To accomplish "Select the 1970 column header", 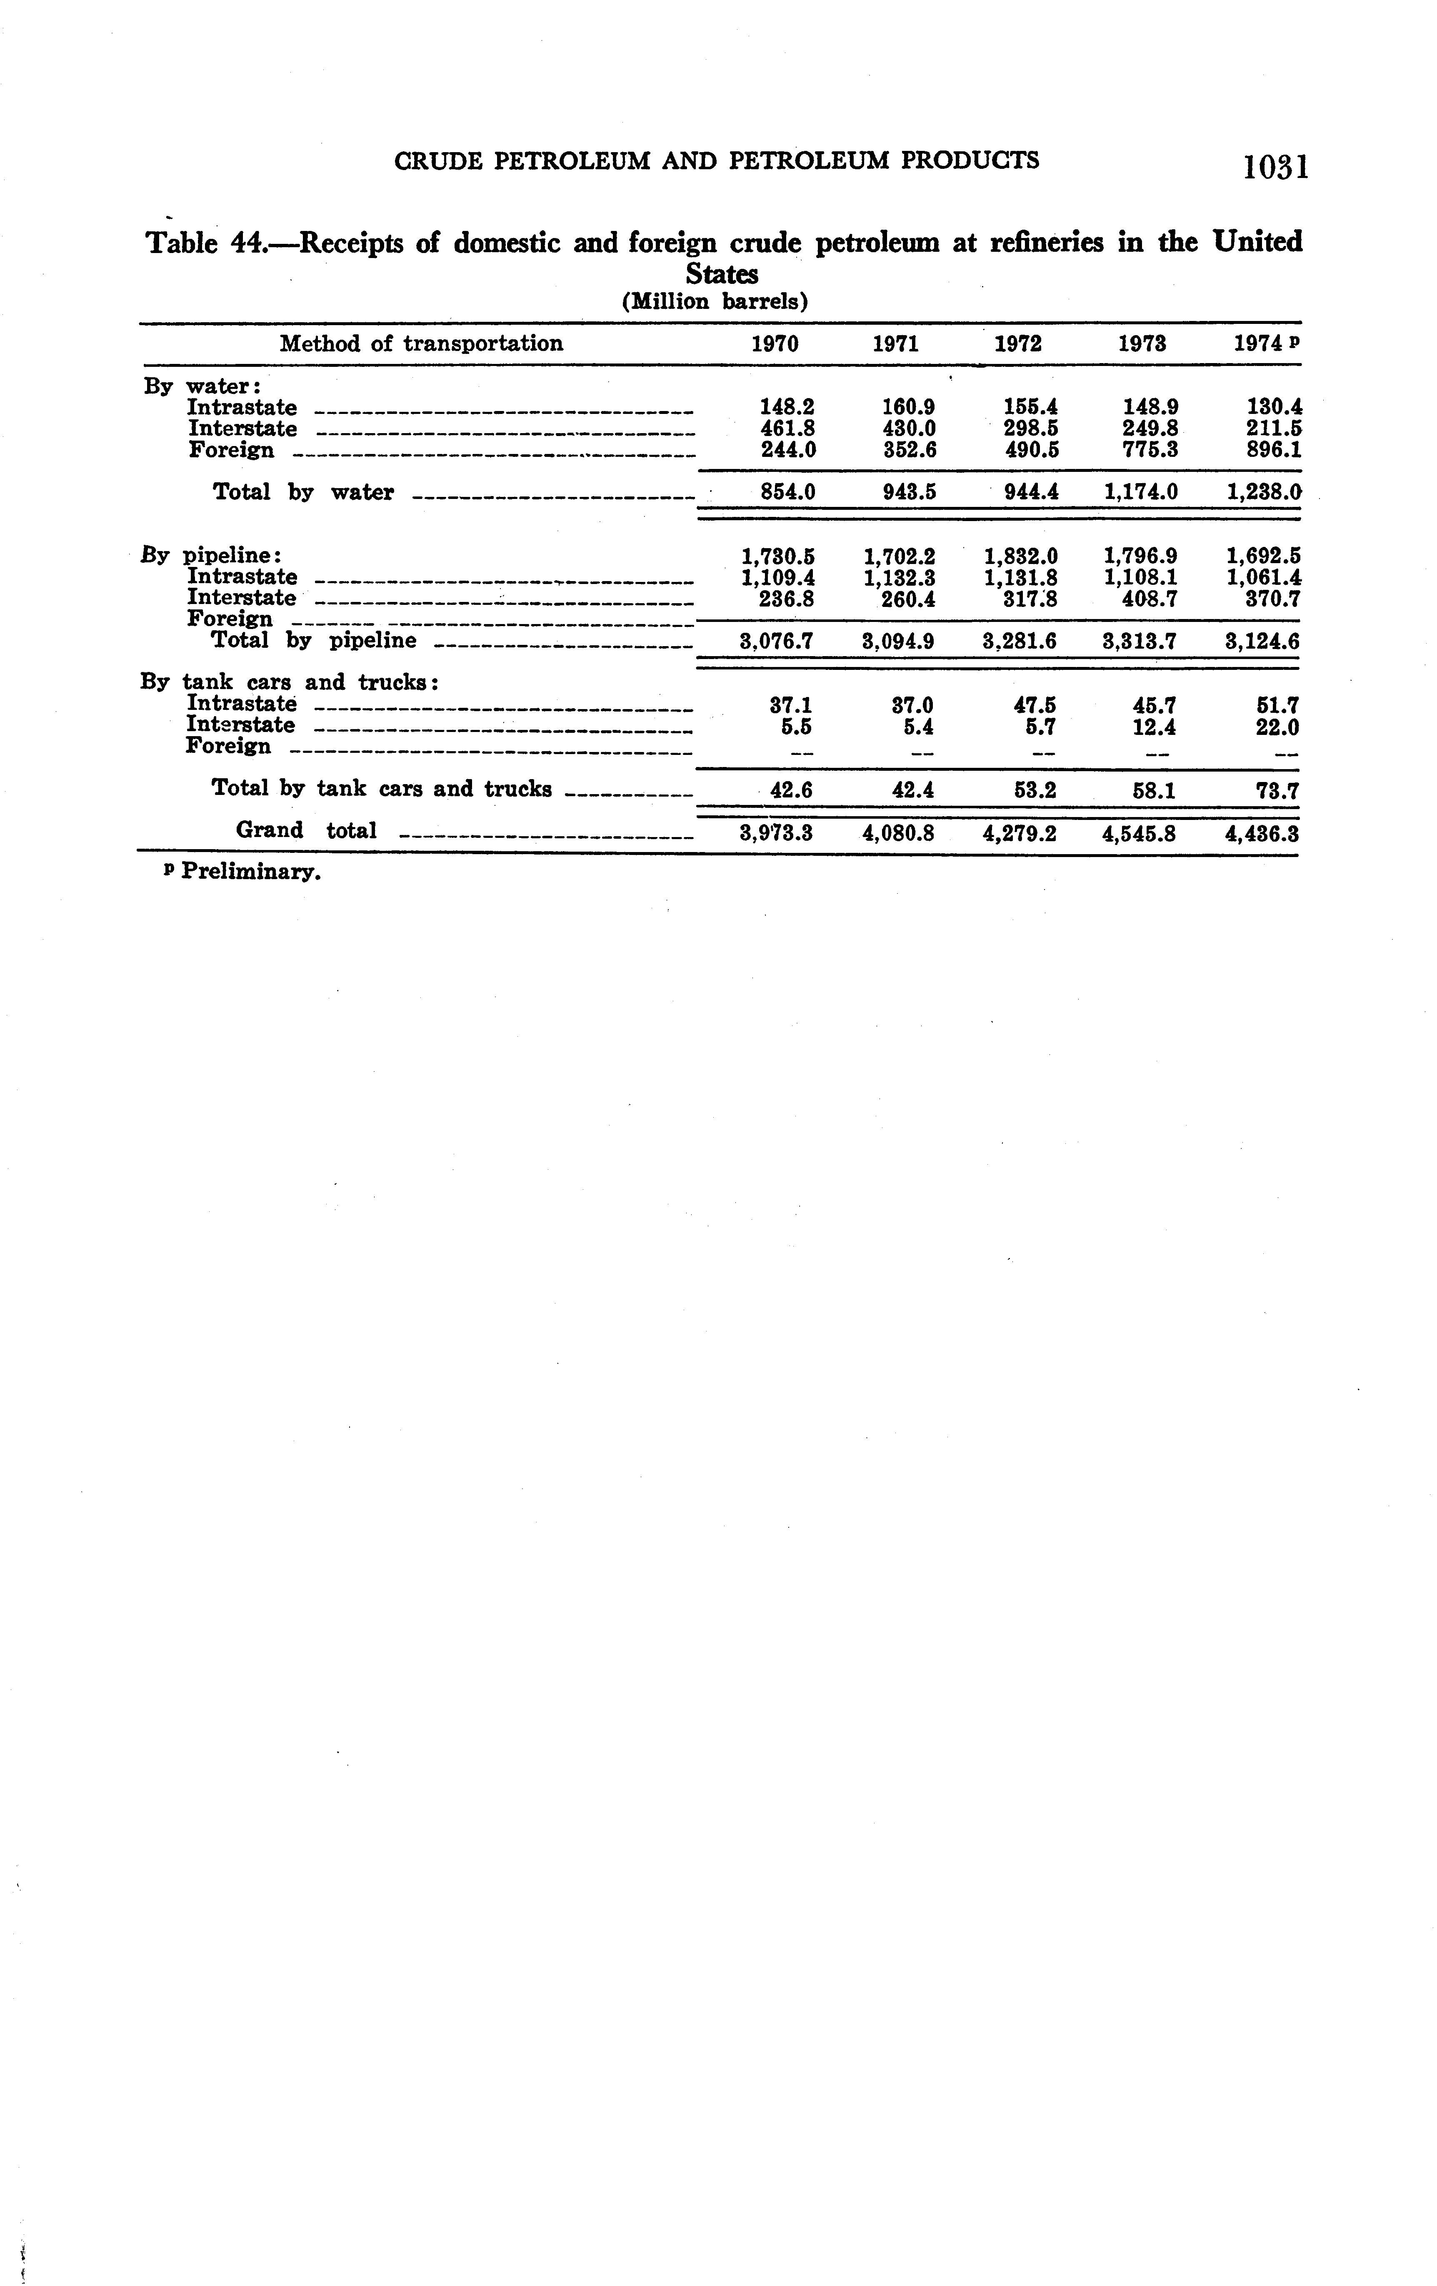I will point(775,343).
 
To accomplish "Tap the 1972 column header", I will point(1017,343).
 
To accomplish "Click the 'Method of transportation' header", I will point(420,343).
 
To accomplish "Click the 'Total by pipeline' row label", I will point(313,641).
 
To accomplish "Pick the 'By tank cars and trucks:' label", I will point(289,682).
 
